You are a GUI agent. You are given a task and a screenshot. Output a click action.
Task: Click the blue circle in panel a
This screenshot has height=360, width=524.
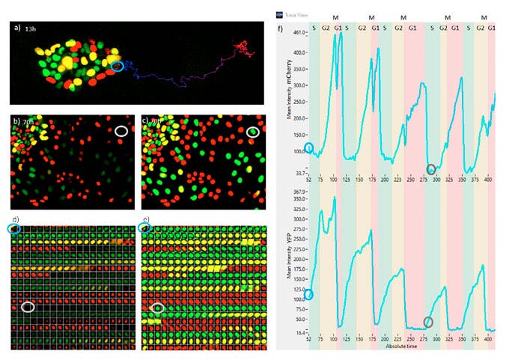[116, 67]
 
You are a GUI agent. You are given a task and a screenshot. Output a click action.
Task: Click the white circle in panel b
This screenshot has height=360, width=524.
[121, 132]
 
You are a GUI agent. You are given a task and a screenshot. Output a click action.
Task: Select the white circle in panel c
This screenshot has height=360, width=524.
[253, 132]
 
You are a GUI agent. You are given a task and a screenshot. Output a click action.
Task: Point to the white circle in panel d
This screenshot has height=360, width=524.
[28, 306]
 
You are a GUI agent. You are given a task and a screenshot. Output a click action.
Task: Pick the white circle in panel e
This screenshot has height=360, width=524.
[157, 307]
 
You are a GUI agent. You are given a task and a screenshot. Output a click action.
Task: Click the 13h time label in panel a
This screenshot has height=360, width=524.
[30, 28]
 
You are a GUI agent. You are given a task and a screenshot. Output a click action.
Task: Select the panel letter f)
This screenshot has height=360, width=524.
[280, 31]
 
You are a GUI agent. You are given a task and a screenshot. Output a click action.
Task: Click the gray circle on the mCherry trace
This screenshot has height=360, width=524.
[430, 168]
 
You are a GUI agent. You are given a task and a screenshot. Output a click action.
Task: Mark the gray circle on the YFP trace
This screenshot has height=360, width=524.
[428, 322]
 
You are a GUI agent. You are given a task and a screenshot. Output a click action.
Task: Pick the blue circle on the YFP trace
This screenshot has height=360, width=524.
[309, 295]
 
